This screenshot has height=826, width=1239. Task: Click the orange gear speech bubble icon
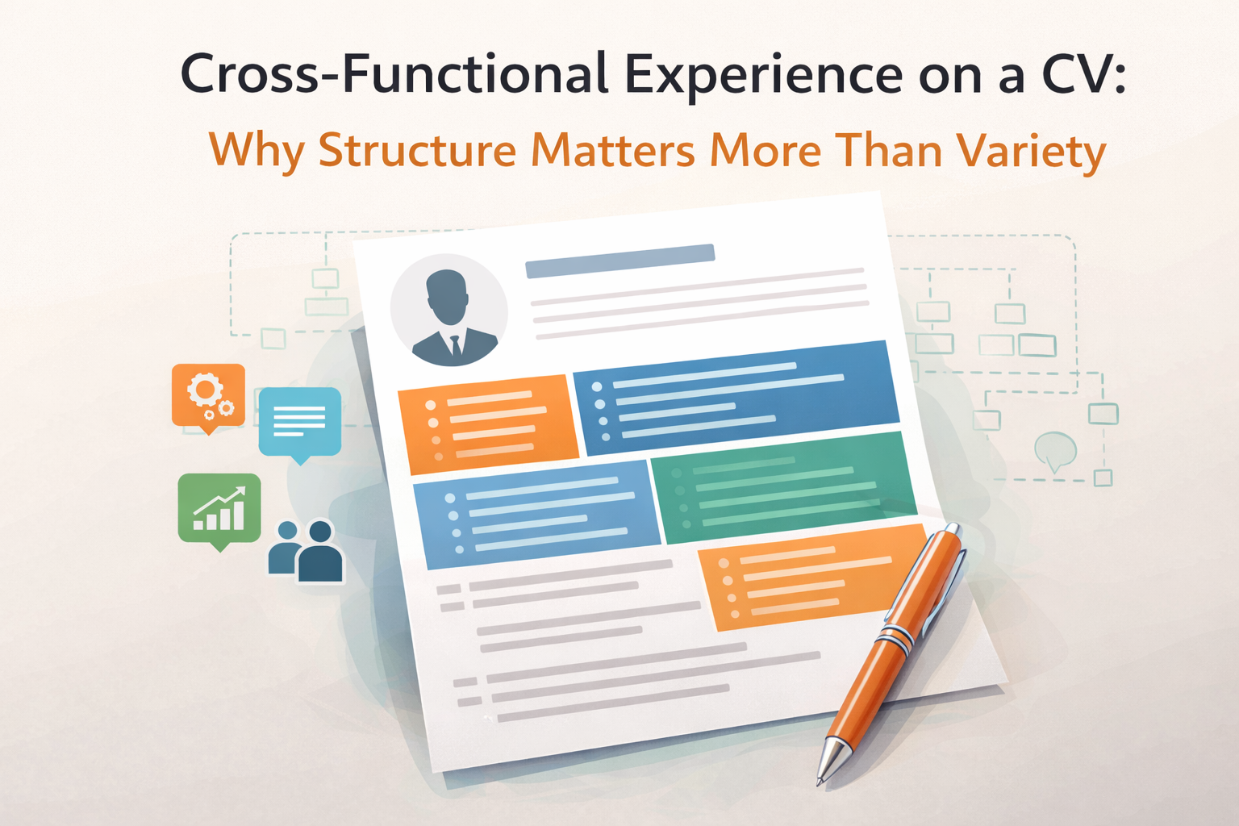pos(208,395)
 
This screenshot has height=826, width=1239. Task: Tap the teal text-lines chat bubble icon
pos(299,422)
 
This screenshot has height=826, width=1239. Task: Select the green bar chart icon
pos(219,508)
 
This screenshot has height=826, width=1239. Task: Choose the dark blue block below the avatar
pos(736,397)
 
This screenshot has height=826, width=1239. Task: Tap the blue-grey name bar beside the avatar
pos(619,261)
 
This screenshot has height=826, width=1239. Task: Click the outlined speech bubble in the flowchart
pos(1055,450)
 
